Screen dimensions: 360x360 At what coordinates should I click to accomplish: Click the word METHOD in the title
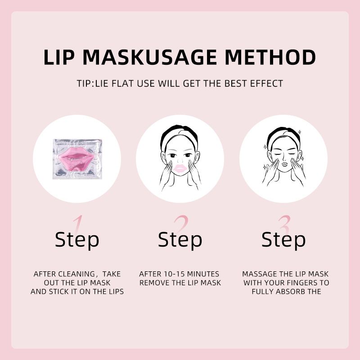pyautogui.click(x=270, y=57)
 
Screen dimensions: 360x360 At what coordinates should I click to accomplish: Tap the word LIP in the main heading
pyautogui.click(x=59, y=57)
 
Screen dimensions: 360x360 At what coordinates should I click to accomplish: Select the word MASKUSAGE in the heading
pyautogui.click(x=150, y=57)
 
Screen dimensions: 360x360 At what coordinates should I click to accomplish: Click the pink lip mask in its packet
pyautogui.click(x=76, y=158)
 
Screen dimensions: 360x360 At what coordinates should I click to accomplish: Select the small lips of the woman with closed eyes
pyautogui.click(x=284, y=164)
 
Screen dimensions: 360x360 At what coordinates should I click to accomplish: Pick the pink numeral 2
pyautogui.click(x=181, y=224)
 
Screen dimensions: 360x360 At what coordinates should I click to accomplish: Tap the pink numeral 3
pyautogui.click(x=284, y=224)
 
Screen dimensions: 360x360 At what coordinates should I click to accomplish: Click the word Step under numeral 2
pyautogui.click(x=180, y=240)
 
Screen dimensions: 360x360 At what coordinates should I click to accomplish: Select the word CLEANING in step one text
pyautogui.click(x=76, y=274)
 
